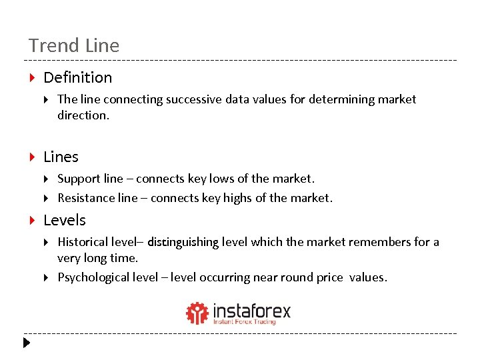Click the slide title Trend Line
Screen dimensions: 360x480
pos(74,46)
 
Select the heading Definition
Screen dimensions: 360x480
pos(77,78)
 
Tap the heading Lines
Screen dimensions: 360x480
pos(61,157)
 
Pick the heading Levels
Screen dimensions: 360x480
pos(65,221)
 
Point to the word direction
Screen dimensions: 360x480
pos(82,115)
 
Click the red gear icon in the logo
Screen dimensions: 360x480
pos(197,313)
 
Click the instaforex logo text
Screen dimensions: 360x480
pos(251,310)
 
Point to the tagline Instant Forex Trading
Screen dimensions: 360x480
pos(244,322)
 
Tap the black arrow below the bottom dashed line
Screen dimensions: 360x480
pos(26,343)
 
